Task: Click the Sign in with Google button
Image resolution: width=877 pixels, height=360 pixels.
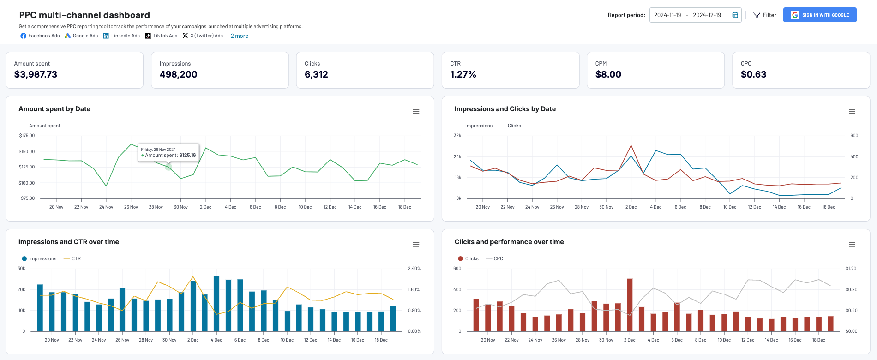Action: pos(820,15)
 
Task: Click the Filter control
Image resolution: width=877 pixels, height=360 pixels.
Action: pos(765,15)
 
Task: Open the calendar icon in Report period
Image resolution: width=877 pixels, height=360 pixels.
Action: pos(735,15)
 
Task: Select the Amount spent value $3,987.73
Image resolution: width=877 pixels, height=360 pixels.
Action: pos(36,74)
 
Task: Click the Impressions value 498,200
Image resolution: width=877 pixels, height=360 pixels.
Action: pos(178,74)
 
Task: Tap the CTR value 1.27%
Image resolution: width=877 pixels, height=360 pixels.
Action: pos(463,74)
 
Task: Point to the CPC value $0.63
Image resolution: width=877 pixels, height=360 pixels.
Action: pos(753,74)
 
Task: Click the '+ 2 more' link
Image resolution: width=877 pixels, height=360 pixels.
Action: pos(237,36)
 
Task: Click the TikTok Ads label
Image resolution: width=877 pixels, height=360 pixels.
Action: pos(165,36)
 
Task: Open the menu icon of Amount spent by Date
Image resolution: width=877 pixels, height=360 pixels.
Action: pos(416,112)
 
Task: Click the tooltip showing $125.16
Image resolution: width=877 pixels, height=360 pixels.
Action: pos(168,152)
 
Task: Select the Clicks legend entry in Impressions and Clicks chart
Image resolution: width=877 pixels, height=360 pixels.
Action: pos(514,126)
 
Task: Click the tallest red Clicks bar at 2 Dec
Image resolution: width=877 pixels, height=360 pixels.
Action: pos(630,305)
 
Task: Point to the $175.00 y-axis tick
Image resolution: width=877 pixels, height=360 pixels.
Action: pos(27,136)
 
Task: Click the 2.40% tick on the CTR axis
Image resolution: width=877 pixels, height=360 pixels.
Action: pos(414,269)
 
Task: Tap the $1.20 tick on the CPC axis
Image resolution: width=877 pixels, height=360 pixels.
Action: pos(851,269)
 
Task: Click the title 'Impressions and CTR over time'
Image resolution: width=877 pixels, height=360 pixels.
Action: pos(69,242)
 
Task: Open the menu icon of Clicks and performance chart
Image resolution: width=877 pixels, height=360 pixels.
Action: pos(852,245)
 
